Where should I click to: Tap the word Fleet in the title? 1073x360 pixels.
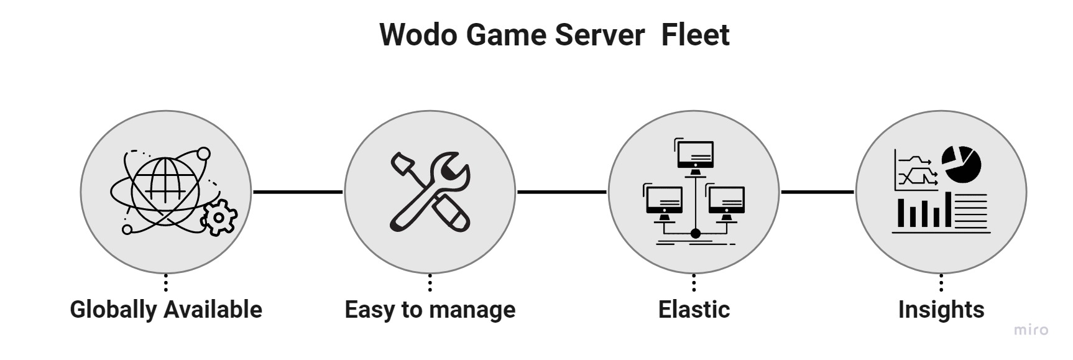pyautogui.click(x=695, y=34)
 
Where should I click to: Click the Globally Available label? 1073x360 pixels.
pyautogui.click(x=166, y=309)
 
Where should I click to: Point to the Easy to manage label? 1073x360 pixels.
pyautogui.click(x=430, y=309)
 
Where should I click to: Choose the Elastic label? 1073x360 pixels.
pyautogui.click(x=694, y=309)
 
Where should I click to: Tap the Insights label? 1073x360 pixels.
pyautogui.click(x=941, y=309)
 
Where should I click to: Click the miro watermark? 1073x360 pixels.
pyautogui.click(x=1031, y=330)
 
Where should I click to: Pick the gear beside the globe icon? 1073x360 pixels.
pyautogui.click(x=218, y=218)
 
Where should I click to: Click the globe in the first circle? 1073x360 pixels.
pyautogui.click(x=165, y=183)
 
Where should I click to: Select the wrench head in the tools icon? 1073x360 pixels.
pyautogui.click(x=451, y=170)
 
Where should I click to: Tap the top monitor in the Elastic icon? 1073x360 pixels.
pyautogui.click(x=695, y=155)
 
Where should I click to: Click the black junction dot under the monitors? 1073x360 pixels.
pyautogui.click(x=695, y=234)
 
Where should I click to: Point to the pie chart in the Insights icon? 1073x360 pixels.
pyautogui.click(x=961, y=165)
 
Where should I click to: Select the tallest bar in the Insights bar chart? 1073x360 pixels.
pyautogui.click(x=947, y=210)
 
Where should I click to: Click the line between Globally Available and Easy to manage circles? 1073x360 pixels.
pyautogui.click(x=298, y=192)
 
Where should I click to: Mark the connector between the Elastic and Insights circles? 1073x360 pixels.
pyautogui.click(x=817, y=192)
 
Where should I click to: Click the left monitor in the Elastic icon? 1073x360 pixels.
pyautogui.click(x=664, y=201)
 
